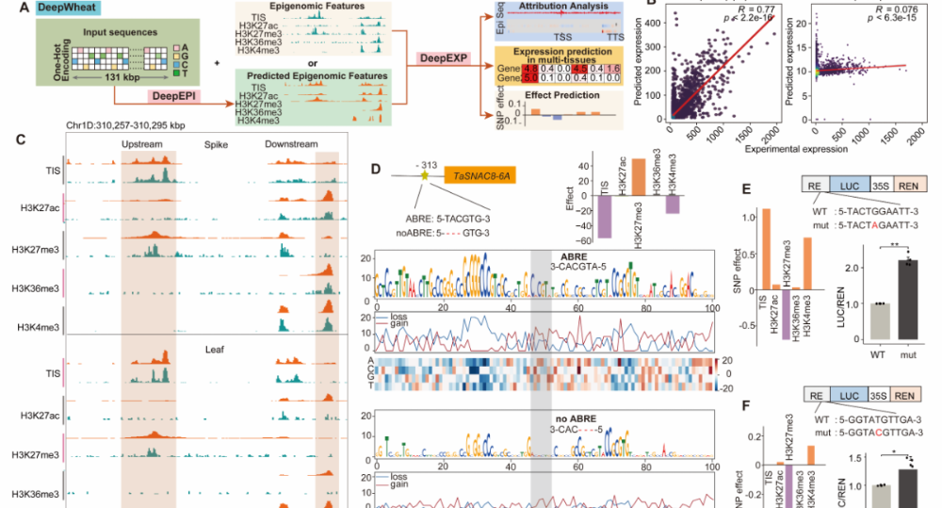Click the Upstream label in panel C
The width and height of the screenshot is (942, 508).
point(142,143)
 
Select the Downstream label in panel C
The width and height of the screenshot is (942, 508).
point(291,143)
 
